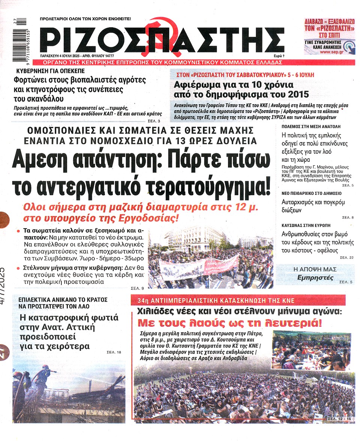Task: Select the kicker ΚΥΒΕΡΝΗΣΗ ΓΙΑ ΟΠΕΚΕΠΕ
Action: coord(51,71)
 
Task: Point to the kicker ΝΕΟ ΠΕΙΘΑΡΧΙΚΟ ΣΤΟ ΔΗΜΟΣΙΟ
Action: coord(311,193)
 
